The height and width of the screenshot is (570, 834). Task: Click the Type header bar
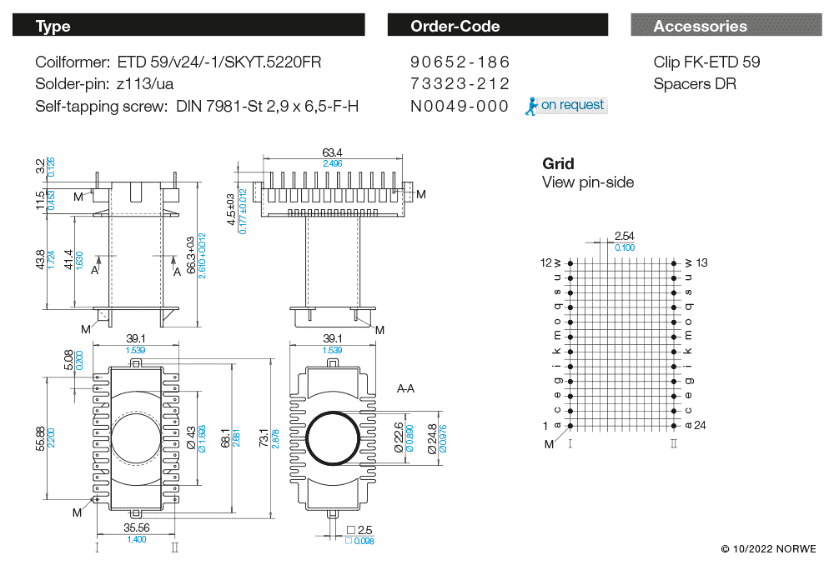point(188,26)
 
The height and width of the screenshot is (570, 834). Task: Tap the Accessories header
point(726,26)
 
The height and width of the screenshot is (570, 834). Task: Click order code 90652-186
point(460,62)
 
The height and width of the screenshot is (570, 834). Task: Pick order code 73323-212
point(460,84)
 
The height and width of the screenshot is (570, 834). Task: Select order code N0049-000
point(460,106)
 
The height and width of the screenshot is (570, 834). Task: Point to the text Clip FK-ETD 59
point(706,62)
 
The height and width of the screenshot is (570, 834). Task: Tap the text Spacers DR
point(695,84)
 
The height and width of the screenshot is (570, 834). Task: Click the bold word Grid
point(558,164)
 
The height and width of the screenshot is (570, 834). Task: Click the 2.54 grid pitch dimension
point(624,236)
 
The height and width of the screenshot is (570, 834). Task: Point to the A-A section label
point(407,389)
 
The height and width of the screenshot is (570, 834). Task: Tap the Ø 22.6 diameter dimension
point(398,437)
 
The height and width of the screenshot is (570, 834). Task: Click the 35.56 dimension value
point(136,527)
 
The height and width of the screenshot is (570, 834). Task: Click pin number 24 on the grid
point(701,426)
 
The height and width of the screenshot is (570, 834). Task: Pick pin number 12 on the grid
point(547,262)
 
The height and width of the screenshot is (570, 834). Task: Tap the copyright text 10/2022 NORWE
point(769,549)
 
